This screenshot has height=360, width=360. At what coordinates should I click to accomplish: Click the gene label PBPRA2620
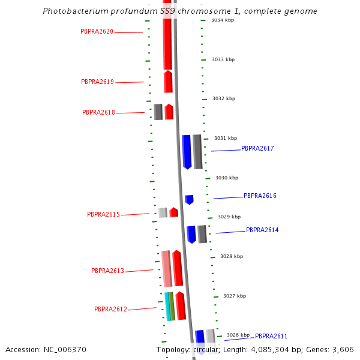click(97, 31)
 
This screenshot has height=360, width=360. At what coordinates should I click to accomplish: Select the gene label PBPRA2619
click(97, 82)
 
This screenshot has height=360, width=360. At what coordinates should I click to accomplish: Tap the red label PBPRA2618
click(98, 112)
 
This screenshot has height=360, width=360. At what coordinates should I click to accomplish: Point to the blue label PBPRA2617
click(257, 148)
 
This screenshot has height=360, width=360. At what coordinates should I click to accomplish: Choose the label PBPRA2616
click(260, 196)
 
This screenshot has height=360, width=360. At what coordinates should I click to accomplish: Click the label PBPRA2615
click(103, 214)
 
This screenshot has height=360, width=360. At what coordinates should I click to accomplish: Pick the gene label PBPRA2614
click(262, 230)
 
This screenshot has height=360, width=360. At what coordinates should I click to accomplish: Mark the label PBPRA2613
click(107, 271)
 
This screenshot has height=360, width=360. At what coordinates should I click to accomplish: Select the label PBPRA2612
click(110, 309)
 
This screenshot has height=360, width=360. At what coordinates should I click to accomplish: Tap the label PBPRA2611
click(271, 336)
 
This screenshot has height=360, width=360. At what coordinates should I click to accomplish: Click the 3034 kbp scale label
click(222, 20)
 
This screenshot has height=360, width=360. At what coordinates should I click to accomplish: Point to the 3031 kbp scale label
click(226, 138)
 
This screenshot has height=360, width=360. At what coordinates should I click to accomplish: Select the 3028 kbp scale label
click(232, 256)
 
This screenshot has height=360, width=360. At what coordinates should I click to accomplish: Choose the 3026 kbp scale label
click(238, 335)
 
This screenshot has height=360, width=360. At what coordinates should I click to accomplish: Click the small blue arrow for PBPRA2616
click(189, 199)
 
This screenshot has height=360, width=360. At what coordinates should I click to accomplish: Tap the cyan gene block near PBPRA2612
click(167, 306)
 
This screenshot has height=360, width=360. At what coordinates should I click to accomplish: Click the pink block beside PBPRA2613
click(166, 268)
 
